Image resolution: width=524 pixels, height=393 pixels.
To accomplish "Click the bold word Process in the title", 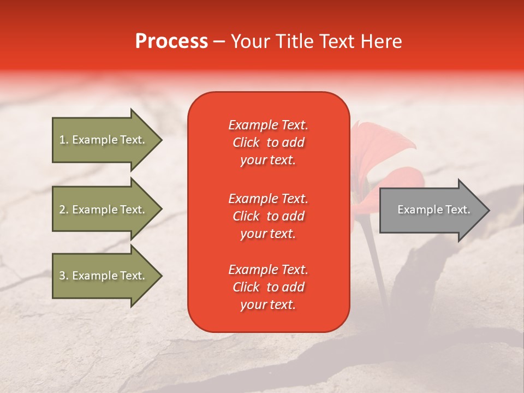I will coord(171,41).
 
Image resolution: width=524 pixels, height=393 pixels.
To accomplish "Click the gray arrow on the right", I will coord(431,210).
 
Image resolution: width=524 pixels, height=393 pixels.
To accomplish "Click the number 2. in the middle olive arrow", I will coord(64,210).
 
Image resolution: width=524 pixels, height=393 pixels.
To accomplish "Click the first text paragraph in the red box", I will coord(268,142).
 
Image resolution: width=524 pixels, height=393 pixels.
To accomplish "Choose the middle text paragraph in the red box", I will coord(268,216).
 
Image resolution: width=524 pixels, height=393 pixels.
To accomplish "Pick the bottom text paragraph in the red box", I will coord(268,287).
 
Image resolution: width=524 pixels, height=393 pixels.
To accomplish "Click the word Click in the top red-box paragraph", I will coord(246,143).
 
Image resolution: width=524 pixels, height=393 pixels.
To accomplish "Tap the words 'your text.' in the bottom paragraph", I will coord(268,305).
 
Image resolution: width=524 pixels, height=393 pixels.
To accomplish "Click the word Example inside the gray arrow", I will coord(416,210).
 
